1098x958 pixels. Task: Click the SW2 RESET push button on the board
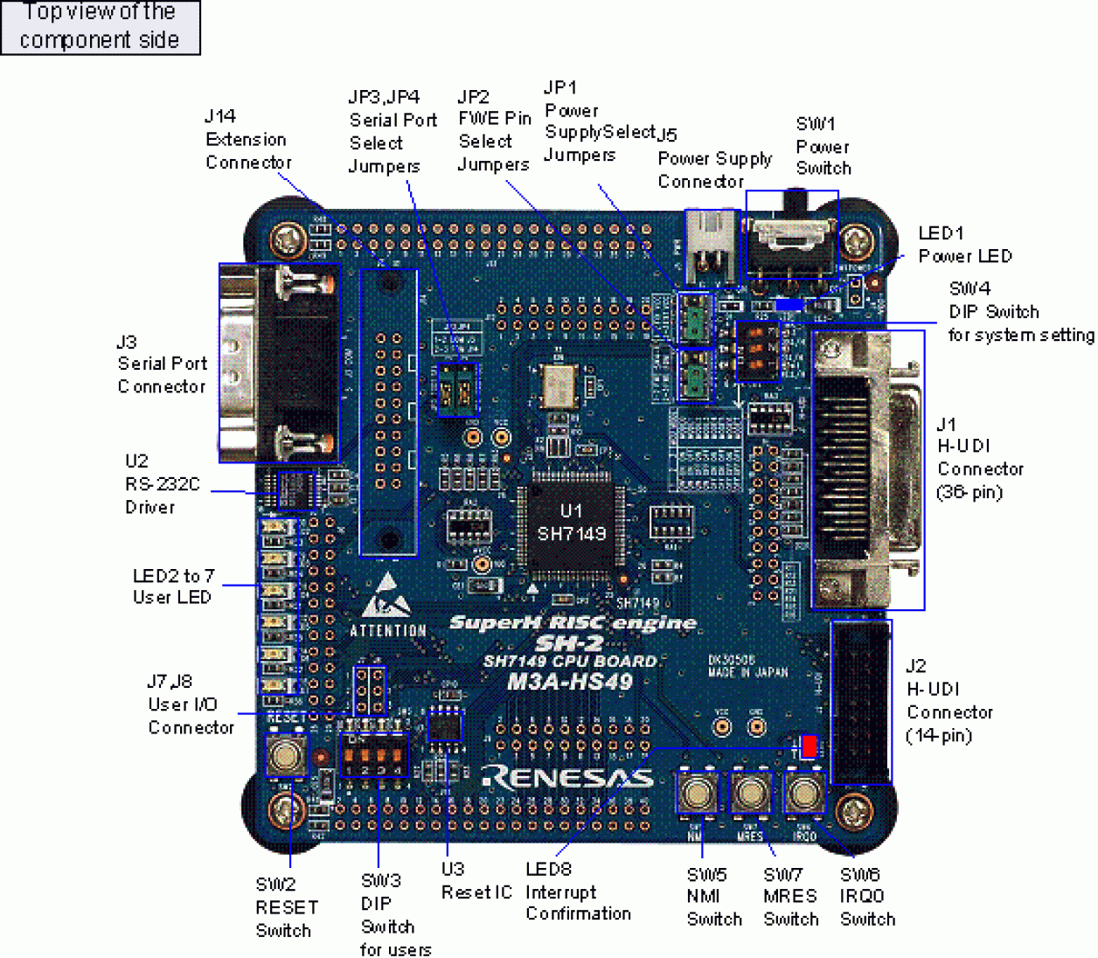pos(287,753)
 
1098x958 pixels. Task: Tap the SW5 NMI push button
pos(696,793)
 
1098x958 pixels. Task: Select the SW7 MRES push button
pos(750,793)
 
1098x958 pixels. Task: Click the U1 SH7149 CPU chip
pos(571,523)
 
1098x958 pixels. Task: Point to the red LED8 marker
pos(809,746)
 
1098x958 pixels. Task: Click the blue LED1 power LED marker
pos(789,304)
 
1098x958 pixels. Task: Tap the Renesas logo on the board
pos(568,777)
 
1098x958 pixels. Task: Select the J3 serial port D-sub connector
pos(278,362)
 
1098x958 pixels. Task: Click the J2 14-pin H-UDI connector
pos(861,702)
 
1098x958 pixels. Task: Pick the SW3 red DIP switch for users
pos(374,755)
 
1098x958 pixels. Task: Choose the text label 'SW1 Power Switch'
pos(823,146)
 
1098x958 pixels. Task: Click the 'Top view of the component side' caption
pos(100,26)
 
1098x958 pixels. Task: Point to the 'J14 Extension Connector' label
pos(247,139)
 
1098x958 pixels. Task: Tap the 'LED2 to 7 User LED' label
pos(172,587)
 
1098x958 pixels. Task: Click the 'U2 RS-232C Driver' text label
pos(162,484)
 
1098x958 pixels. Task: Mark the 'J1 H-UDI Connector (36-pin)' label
pos(979,458)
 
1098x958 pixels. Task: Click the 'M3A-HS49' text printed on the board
pos(570,682)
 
